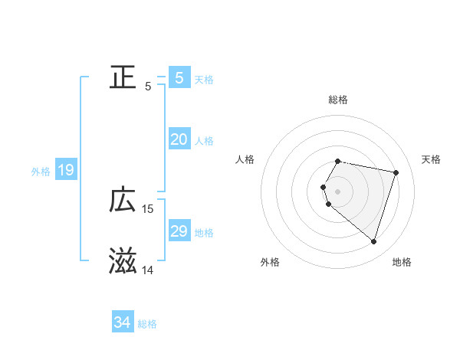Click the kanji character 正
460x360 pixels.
point(123,77)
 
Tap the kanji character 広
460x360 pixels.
point(123,200)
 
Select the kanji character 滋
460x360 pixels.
point(123,261)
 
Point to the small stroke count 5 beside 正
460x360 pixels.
point(148,87)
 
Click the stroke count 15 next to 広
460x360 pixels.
point(148,209)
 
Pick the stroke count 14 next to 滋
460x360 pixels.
point(148,270)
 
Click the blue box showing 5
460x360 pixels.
point(179,77)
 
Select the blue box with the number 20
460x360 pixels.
point(179,139)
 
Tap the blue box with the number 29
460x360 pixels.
point(179,231)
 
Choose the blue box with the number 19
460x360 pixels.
point(65,170)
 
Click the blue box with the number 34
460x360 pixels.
point(122,322)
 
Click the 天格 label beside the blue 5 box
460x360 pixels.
point(204,79)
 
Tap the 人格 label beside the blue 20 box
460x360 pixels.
point(204,141)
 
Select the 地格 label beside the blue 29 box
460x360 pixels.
point(204,233)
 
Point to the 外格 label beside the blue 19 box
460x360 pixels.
point(41,172)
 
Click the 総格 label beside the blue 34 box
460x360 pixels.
point(147,324)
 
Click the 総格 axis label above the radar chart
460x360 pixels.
point(338,100)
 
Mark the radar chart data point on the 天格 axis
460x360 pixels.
point(396,173)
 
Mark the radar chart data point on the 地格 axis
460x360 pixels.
point(373,241)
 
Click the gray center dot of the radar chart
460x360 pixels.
point(338,191)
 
